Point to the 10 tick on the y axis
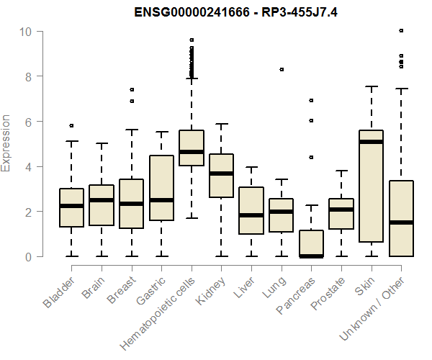pos(42,31)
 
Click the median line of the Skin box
pos(371,142)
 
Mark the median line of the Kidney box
pos(221,174)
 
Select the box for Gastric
pos(161,188)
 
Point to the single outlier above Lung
pos(282,69)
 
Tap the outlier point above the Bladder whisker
pos(71,126)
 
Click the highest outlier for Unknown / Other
pos(401,30)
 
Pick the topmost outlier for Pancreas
pos(311,100)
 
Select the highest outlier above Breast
pos(131,89)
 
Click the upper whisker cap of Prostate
pos(341,171)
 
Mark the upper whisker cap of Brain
pos(102,143)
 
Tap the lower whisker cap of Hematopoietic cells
pos(192,217)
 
